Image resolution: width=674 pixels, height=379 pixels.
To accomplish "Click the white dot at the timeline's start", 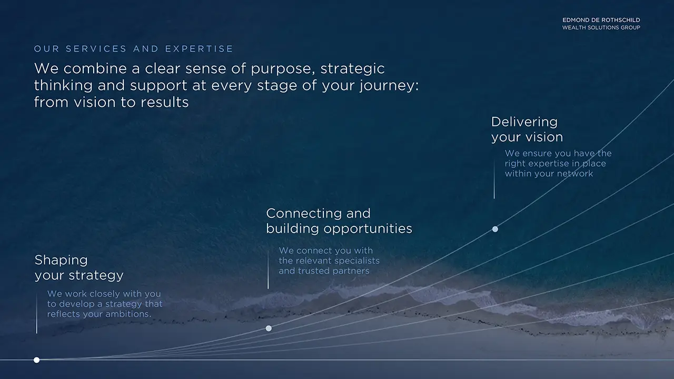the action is (36, 360).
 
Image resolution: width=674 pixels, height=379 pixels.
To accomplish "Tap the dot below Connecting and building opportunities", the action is (269, 328).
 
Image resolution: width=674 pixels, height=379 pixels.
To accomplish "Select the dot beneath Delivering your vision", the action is (495, 229).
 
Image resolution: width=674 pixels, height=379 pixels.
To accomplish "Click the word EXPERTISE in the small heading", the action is (199, 49).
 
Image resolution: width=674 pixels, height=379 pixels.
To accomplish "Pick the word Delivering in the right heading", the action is (524, 122).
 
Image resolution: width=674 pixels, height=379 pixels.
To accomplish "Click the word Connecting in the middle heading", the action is (304, 214).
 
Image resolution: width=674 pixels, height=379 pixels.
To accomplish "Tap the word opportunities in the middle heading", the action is (368, 229).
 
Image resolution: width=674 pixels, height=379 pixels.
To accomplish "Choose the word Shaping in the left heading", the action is (61, 261).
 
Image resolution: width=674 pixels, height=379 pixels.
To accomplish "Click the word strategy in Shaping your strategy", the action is (96, 276).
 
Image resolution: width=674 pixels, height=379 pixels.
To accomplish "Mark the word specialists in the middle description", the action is (357, 261).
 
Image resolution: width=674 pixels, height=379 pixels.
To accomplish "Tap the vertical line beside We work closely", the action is (37, 313).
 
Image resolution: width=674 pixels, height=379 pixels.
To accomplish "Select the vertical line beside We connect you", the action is (268, 270).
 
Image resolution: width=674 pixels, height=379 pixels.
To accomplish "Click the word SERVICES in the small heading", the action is (96, 49).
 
